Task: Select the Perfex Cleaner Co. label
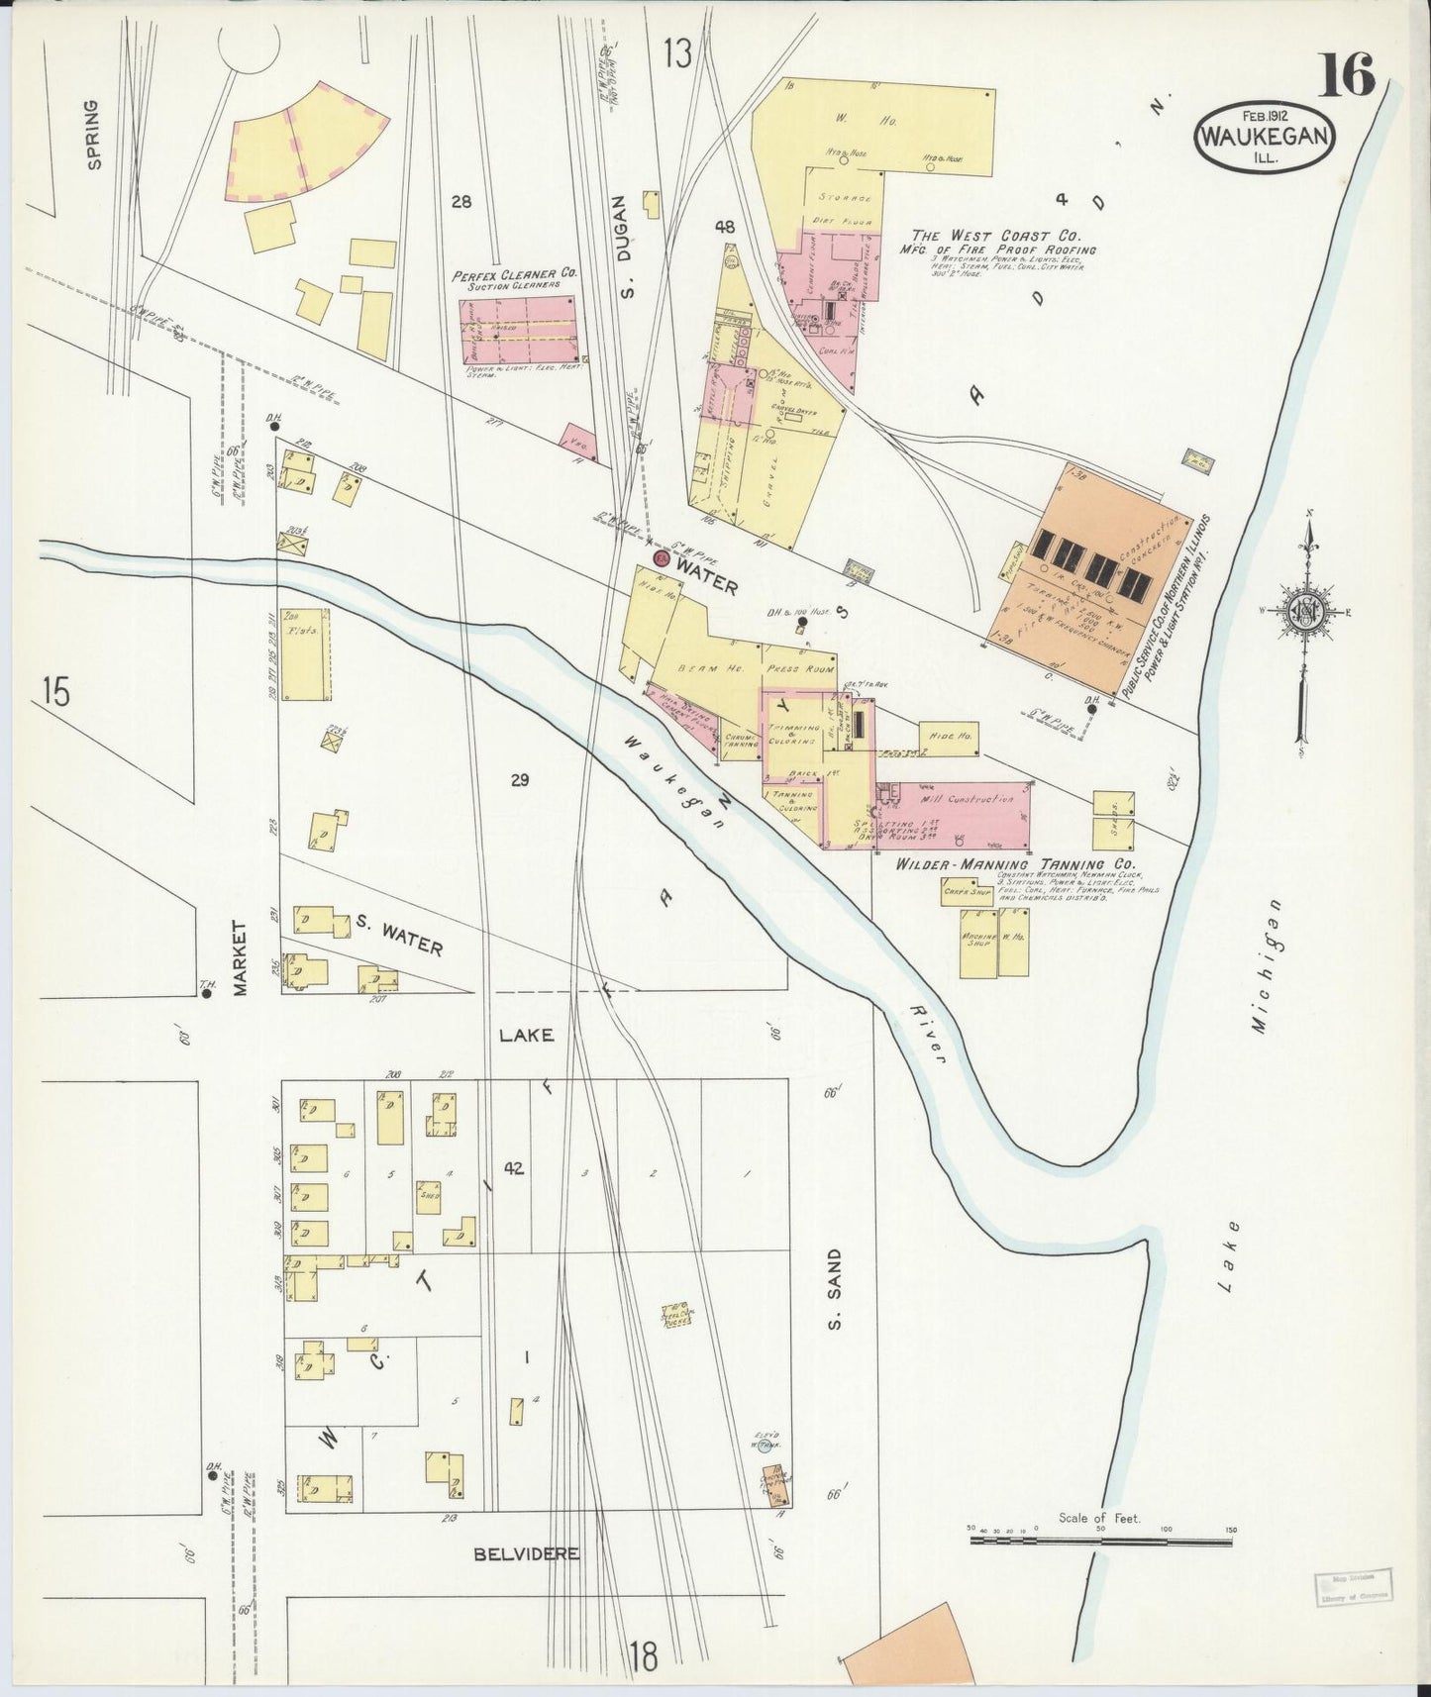point(515,276)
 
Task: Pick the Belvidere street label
point(526,1553)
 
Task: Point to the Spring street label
point(94,135)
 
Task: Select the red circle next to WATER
point(661,561)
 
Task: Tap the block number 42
point(512,1168)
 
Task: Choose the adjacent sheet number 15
point(56,692)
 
